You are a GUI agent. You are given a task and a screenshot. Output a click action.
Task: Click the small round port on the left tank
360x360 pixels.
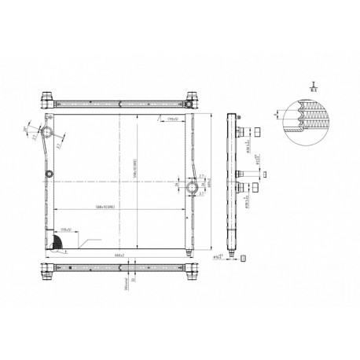[50, 174]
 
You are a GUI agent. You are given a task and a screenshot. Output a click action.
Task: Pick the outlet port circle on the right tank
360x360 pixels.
[194, 187]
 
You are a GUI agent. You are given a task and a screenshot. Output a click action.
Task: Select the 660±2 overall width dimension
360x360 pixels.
[119, 255]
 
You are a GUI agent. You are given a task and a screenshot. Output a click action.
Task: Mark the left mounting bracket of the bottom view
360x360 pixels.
[47, 274]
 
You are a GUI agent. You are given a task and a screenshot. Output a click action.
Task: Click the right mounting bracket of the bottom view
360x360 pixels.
[191, 274]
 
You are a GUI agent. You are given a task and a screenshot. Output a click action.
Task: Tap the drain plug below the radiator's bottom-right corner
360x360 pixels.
[188, 252]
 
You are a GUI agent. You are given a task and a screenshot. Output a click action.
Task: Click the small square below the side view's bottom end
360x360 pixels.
[244, 257]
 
